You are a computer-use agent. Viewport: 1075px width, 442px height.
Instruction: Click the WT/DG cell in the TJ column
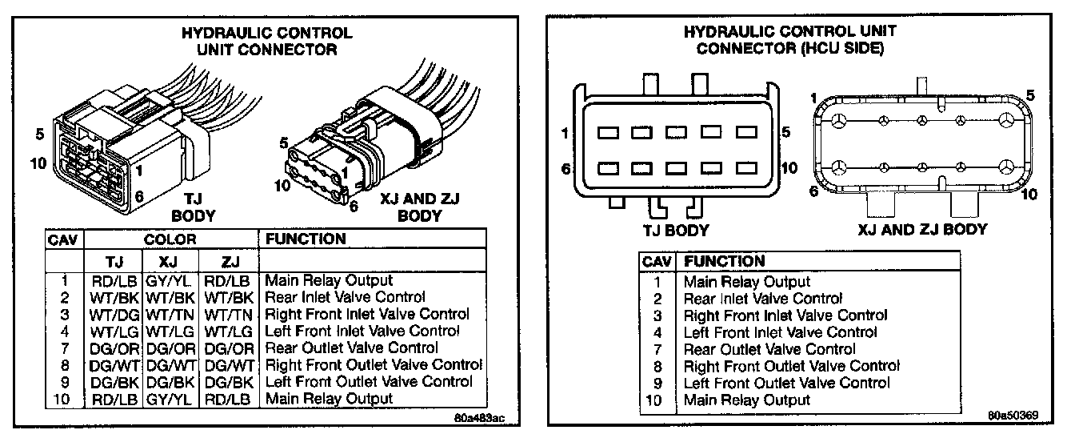pos(114,315)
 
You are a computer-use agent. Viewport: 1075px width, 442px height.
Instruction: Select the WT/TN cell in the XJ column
pos(170,315)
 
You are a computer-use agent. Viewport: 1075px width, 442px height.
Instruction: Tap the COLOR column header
pos(170,239)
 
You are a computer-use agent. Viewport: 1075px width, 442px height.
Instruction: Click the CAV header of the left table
pos(64,239)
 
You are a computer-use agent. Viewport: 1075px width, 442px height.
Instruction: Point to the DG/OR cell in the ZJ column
pos(228,348)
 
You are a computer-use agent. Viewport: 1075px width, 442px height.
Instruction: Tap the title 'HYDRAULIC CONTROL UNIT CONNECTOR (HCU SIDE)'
pos(789,40)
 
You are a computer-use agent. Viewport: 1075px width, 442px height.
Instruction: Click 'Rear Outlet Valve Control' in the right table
pos(769,350)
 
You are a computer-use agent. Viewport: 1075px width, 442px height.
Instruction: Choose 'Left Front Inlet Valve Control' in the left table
pos(362,331)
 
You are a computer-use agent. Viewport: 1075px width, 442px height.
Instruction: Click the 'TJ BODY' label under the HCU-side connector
pos(676,231)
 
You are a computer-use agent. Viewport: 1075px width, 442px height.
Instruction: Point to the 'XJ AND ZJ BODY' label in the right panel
pos(922,230)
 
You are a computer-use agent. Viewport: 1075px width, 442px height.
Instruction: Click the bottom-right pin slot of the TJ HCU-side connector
pos(746,169)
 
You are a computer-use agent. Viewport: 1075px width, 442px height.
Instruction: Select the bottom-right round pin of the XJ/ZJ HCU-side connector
pos(1007,168)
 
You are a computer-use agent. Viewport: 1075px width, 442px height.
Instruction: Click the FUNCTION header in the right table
pos(725,261)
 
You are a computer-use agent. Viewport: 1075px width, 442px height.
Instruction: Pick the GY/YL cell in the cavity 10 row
pos(170,399)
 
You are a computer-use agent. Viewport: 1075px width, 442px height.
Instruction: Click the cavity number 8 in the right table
pos(657,366)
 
